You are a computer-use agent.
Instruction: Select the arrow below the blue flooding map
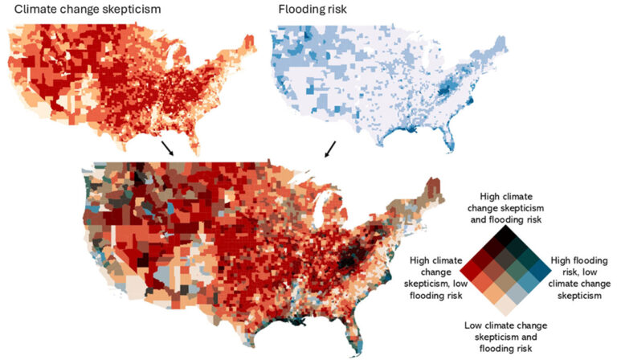[330, 149]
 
